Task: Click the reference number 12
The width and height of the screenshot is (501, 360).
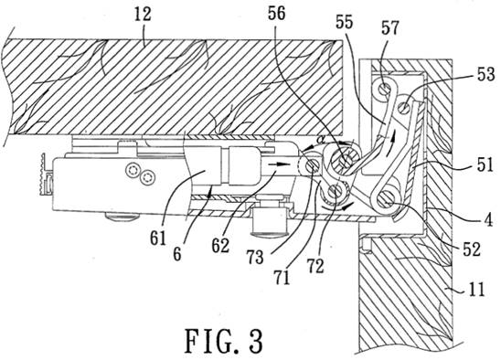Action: click(x=143, y=15)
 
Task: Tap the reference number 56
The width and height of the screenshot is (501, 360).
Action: click(x=276, y=14)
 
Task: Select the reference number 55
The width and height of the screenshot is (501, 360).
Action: click(x=344, y=22)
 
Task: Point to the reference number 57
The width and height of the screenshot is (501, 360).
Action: click(x=390, y=27)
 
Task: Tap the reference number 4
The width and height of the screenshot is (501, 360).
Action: click(x=488, y=220)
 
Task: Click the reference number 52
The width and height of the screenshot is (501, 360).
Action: click(x=472, y=249)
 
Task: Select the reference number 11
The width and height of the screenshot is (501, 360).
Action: click(x=476, y=290)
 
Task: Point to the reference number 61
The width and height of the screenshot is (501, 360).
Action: click(x=158, y=238)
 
